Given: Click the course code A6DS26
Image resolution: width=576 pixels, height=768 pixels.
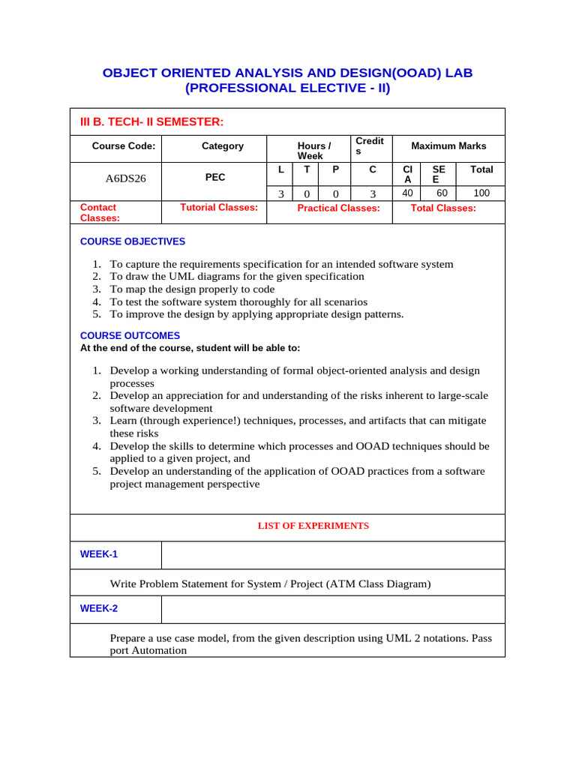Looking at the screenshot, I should (x=125, y=178).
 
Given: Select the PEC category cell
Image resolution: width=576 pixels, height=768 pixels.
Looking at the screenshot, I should (x=215, y=178).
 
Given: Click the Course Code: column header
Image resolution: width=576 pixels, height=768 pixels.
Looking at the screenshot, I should (x=124, y=146).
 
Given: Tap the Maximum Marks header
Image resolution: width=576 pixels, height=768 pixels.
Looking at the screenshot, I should (x=448, y=146).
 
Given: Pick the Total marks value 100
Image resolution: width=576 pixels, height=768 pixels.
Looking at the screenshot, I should (x=481, y=193).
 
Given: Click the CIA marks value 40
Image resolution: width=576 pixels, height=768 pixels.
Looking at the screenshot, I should (x=407, y=193).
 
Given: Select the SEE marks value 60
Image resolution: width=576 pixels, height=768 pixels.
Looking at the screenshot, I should (x=442, y=193).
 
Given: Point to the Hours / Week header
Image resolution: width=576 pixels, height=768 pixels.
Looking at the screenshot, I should (x=311, y=151).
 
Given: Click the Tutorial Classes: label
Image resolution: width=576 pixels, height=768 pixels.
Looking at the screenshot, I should (x=219, y=207).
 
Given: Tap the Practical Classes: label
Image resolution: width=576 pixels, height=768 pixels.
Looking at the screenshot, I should (x=338, y=208).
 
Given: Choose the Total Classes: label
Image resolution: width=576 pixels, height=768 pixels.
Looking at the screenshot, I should (x=443, y=208).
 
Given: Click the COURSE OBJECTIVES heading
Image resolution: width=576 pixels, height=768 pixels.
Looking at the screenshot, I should (x=133, y=241).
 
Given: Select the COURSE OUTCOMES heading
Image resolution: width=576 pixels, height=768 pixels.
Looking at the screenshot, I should (x=130, y=336).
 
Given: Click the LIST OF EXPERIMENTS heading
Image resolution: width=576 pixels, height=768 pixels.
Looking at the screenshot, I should (x=313, y=526).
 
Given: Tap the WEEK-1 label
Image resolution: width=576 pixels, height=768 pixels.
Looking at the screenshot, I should (x=99, y=554).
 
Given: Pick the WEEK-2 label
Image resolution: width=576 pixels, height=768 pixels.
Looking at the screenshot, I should (x=99, y=608).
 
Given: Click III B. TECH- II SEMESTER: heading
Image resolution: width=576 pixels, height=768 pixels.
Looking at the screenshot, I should (x=151, y=121).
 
